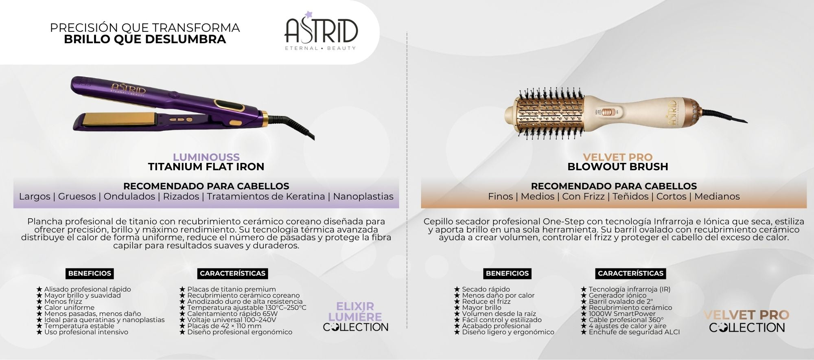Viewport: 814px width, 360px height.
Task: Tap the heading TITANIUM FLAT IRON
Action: (x=206, y=167)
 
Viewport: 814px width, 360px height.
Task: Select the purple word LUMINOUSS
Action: (x=206, y=157)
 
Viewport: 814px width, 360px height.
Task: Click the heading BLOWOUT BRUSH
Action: (x=618, y=167)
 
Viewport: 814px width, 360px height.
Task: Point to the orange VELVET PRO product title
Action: (x=618, y=157)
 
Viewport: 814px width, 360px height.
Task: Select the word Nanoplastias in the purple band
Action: (x=363, y=196)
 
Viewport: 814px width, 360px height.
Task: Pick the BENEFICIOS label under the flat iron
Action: (x=90, y=273)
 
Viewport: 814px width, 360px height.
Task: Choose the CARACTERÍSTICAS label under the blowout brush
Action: (x=630, y=273)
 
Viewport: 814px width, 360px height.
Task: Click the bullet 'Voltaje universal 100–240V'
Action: (x=228, y=320)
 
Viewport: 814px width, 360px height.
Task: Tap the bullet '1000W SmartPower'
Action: (x=618, y=314)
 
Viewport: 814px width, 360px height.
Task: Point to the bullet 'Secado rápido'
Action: (x=482, y=289)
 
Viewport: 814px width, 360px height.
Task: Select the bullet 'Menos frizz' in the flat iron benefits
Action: (x=59, y=301)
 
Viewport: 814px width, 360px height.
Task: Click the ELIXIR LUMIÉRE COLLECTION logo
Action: (x=355, y=317)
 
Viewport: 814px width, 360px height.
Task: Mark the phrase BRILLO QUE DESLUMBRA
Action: (x=145, y=39)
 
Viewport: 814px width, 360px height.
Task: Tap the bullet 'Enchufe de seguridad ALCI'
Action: (x=630, y=332)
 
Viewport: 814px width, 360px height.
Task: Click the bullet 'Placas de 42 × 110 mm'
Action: (x=220, y=326)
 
